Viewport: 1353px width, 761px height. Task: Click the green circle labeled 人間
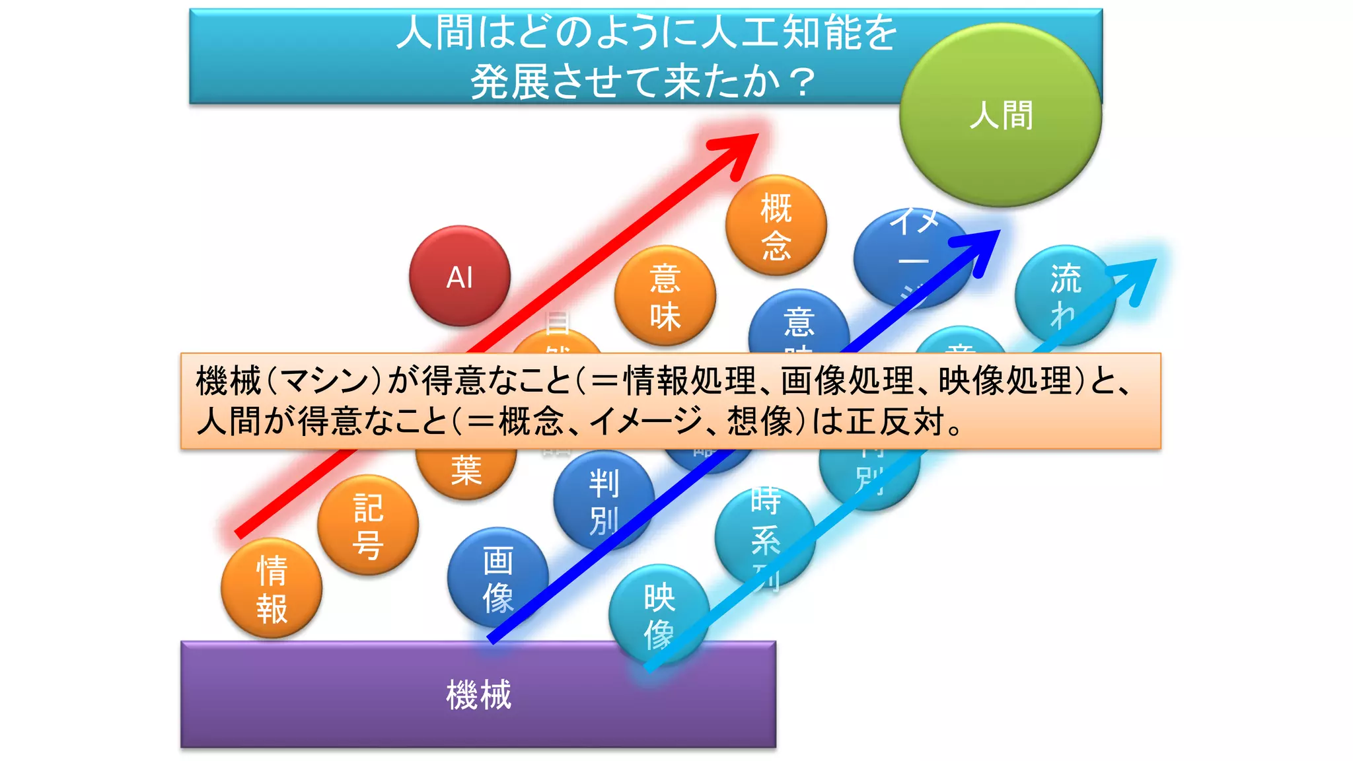tap(1000, 115)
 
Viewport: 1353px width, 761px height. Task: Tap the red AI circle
tap(460, 276)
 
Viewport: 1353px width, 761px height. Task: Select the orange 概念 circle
tap(776, 225)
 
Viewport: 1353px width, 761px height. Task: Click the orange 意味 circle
tap(665, 296)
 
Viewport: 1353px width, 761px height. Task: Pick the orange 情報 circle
tap(272, 588)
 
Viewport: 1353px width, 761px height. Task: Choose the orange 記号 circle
tap(368, 525)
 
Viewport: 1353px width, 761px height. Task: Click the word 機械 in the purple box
tap(478, 695)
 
